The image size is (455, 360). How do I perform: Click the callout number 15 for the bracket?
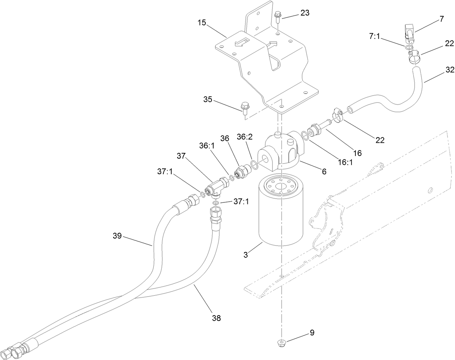[x=201, y=23]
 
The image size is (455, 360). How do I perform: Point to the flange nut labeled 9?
[x=281, y=342]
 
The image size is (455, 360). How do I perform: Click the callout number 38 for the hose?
[x=216, y=318]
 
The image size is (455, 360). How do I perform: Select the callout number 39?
[x=117, y=237]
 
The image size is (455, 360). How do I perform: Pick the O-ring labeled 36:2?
[x=255, y=165]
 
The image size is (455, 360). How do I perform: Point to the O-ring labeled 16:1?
[x=305, y=136]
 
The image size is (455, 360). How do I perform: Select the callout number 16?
[x=357, y=153]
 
